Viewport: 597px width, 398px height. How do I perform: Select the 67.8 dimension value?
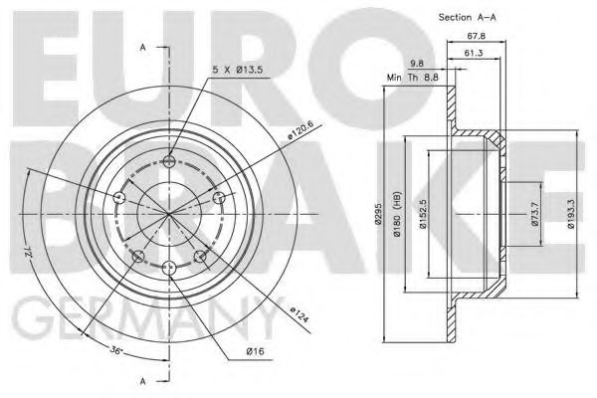coord(475,37)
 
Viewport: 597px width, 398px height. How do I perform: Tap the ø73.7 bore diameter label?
coord(534,216)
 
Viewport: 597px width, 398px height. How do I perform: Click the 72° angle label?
coord(34,245)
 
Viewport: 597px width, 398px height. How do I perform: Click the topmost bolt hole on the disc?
coord(169,161)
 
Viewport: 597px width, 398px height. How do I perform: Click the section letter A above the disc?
coord(144,47)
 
